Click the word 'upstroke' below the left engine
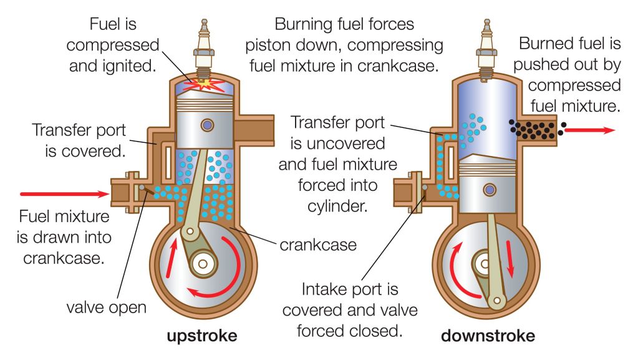201,336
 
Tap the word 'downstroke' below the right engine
488,336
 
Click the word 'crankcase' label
317,244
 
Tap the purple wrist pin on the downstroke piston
488,189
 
